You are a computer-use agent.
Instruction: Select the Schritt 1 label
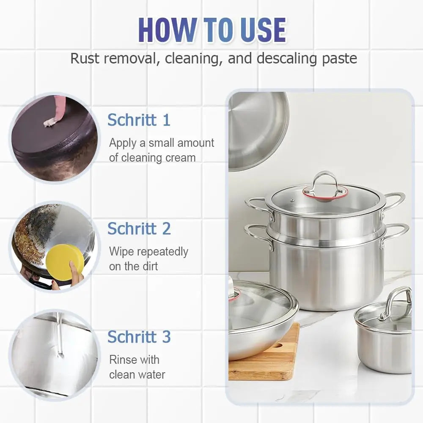pyautogui.click(x=139, y=120)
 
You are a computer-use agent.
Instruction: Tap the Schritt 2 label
pyautogui.click(x=139, y=228)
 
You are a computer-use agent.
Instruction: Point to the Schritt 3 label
pyautogui.click(x=139, y=337)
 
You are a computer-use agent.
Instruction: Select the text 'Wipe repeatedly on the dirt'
pyautogui.click(x=148, y=259)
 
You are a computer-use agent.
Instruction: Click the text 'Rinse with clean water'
pyautogui.click(x=137, y=367)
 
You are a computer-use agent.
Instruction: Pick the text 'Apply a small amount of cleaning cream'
pyautogui.click(x=161, y=150)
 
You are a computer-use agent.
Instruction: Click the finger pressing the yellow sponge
pyautogui.click(x=76, y=271)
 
